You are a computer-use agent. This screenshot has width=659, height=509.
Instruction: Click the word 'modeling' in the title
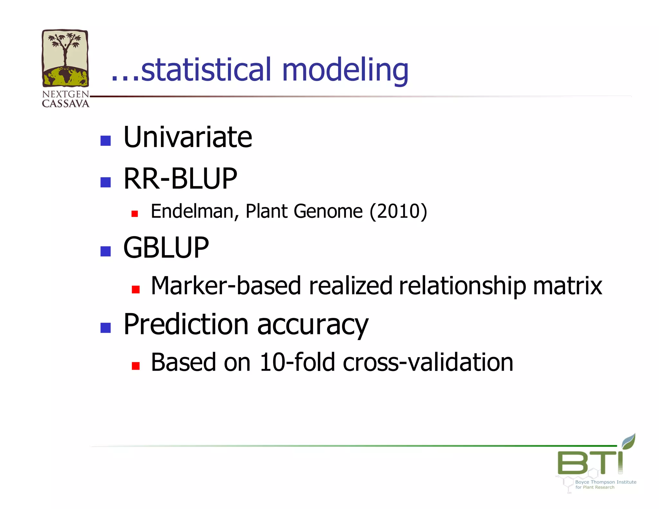345,70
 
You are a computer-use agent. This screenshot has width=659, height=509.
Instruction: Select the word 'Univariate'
188,137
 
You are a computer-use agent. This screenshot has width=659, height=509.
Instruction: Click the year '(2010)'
398,211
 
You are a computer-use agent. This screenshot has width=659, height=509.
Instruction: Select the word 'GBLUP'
166,247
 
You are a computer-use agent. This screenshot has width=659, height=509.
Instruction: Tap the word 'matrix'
567,286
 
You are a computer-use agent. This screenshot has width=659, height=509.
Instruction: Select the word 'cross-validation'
428,362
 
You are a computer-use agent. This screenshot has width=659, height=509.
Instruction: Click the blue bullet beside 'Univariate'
106,141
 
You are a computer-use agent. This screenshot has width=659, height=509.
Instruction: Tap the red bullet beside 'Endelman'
135,214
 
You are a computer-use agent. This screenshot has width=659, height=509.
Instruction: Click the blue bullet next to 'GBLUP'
106,251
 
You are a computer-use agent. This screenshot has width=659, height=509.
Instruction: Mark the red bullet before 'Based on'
135,366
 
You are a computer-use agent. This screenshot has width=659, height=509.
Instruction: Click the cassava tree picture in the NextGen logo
65,58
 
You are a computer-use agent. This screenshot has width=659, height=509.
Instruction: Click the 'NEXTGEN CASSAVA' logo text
66,99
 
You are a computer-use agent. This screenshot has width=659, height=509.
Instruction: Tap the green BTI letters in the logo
590,462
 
